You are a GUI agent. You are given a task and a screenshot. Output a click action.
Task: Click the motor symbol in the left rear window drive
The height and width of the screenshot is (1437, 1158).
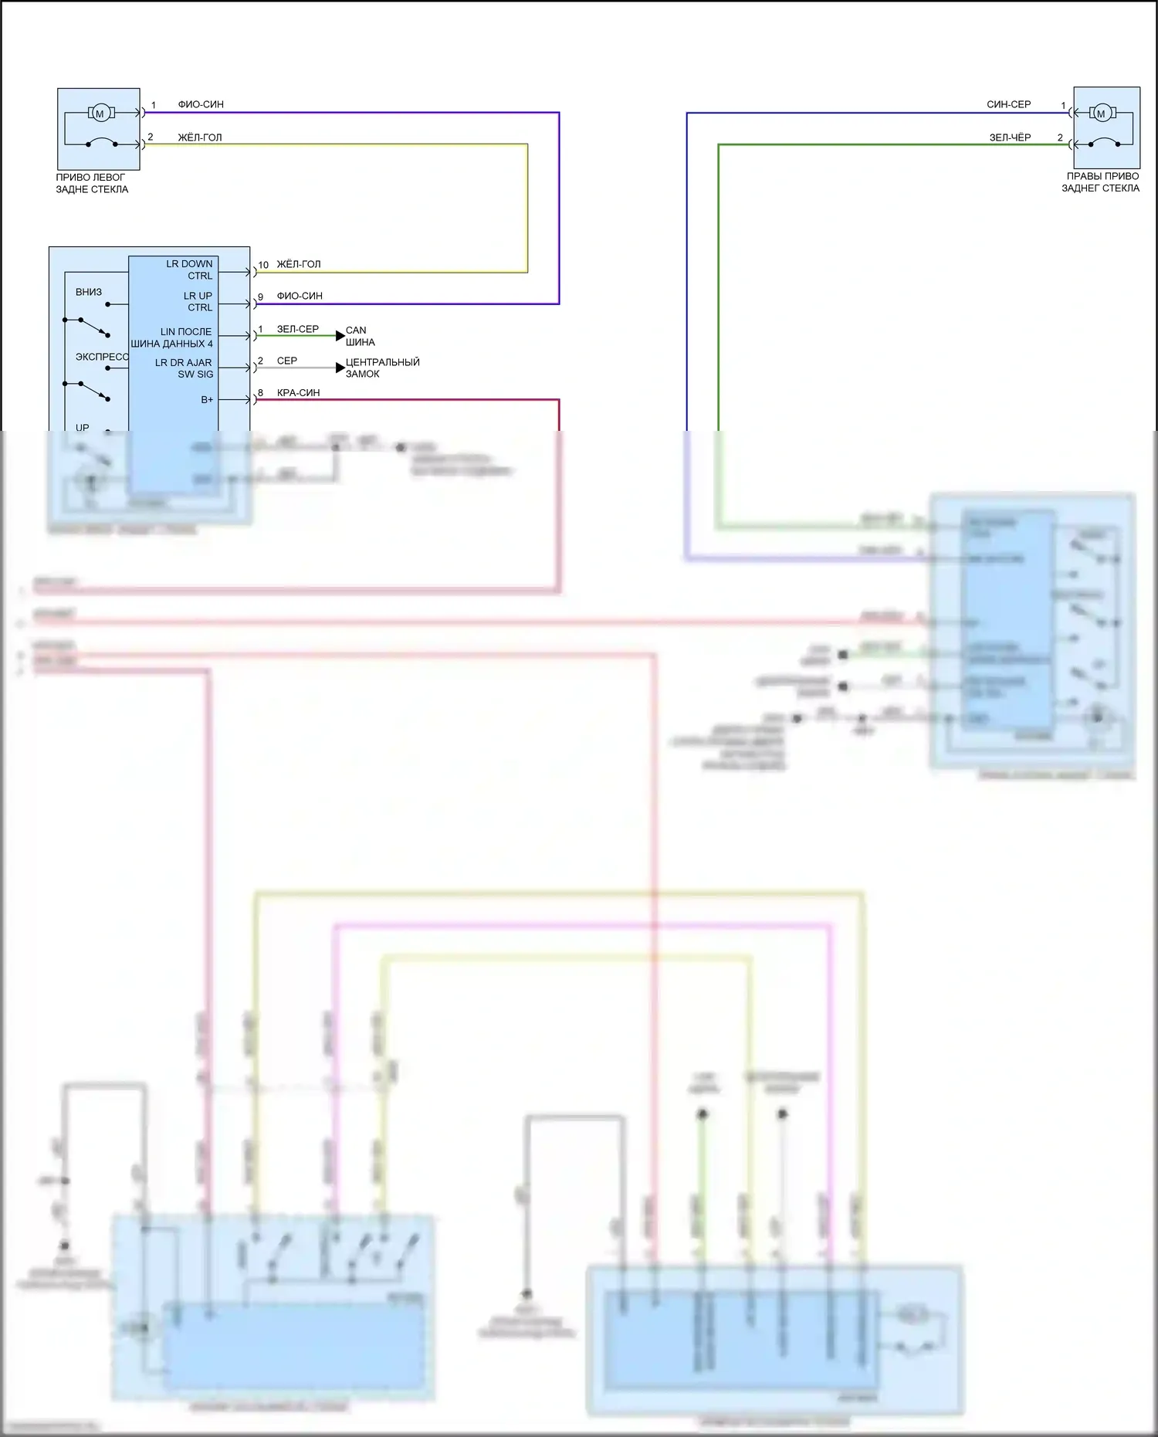(100, 114)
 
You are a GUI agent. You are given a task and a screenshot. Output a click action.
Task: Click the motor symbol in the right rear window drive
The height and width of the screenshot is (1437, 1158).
(1101, 114)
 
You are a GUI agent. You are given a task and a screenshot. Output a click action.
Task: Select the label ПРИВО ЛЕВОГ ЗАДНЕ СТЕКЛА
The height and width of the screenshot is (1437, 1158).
(91, 183)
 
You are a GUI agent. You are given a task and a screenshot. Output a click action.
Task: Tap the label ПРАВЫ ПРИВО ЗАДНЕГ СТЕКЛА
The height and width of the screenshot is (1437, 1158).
(1100, 182)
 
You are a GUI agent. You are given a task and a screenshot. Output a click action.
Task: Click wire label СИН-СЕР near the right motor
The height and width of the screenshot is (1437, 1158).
(1008, 104)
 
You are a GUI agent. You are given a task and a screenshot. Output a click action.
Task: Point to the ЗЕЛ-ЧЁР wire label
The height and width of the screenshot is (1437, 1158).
(1010, 137)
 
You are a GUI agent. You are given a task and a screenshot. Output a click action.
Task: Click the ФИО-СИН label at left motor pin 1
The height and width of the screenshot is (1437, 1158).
(201, 104)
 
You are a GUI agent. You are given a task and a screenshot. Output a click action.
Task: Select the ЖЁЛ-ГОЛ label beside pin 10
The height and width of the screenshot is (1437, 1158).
(298, 264)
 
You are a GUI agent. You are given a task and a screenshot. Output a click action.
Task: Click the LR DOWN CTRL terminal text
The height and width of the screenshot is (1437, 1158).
(190, 269)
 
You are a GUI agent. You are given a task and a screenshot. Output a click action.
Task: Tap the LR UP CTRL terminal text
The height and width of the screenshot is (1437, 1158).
(198, 301)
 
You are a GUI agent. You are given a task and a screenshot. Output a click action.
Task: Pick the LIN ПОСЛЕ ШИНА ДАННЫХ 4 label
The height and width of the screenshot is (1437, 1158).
(172, 337)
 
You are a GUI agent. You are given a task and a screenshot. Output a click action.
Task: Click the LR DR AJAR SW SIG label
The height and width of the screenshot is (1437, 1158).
(185, 368)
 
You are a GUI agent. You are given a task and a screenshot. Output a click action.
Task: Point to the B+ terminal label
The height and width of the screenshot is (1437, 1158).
(207, 400)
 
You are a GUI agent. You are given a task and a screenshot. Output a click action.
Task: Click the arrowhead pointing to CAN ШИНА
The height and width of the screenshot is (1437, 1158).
(340, 336)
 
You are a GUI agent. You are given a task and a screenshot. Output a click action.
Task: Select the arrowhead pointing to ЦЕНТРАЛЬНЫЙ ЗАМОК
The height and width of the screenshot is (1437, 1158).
(340, 368)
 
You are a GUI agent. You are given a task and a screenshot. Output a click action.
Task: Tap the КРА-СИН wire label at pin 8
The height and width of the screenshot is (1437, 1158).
(298, 393)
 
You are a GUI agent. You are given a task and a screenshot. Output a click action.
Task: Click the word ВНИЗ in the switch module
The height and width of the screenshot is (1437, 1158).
(89, 292)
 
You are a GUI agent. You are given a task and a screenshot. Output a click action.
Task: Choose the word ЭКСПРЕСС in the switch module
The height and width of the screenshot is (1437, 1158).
(102, 357)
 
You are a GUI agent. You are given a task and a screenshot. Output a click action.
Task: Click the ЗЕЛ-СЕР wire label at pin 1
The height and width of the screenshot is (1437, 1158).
(297, 329)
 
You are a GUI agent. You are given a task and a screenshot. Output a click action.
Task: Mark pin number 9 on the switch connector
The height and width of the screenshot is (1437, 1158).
(261, 297)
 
